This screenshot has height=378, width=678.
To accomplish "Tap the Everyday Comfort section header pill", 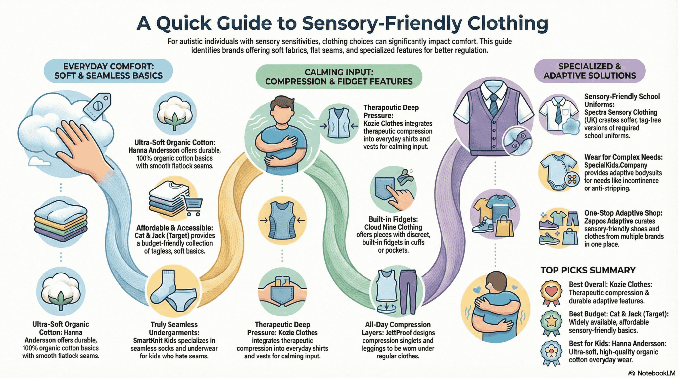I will pyautogui.click(x=108, y=71).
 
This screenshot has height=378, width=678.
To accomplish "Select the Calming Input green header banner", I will pyautogui.click(x=339, y=77).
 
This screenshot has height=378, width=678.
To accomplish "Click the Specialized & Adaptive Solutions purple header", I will pyautogui.click(x=589, y=71).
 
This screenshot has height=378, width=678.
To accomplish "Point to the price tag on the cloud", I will pyautogui.click(x=97, y=106).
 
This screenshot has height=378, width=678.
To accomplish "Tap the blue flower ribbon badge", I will pyautogui.click(x=551, y=352).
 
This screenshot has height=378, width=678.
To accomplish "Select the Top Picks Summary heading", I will pyautogui.click(x=588, y=270).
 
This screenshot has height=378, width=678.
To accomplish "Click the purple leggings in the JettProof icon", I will pyautogui.click(x=408, y=291).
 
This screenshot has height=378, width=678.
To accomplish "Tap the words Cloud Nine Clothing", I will pyautogui.click(x=393, y=227).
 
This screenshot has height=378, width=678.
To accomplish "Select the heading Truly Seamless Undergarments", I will pyautogui.click(x=174, y=328).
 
